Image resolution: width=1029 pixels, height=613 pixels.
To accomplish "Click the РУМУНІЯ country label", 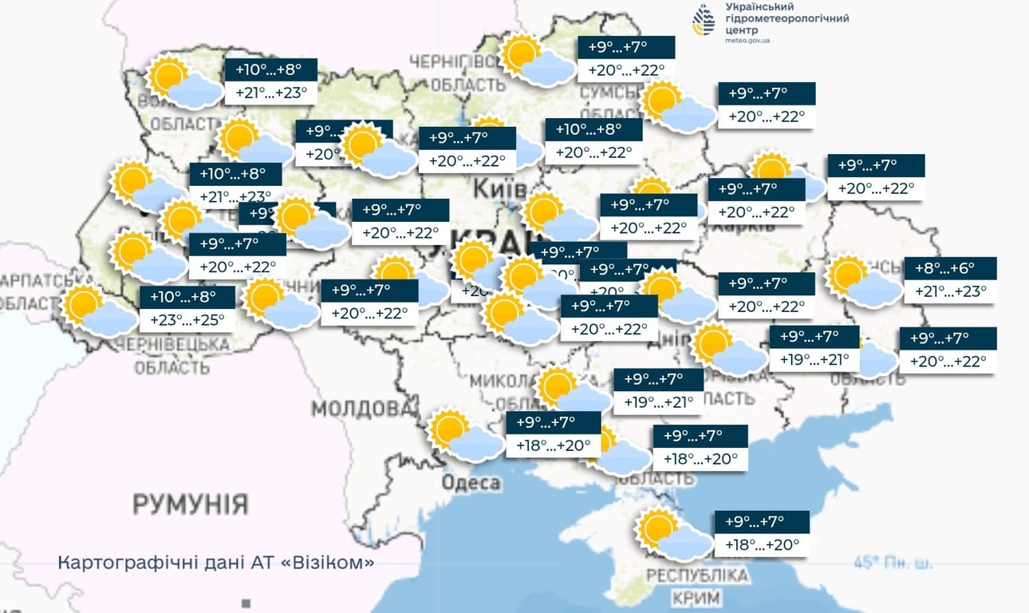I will click(190, 504).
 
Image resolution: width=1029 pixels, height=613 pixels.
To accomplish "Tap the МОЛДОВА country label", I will click(359, 409).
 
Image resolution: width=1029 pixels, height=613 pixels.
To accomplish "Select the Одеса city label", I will click(471, 483).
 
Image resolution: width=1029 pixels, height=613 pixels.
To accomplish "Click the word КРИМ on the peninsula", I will click(696, 597).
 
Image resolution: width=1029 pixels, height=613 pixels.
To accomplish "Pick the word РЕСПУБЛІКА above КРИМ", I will click(697, 575).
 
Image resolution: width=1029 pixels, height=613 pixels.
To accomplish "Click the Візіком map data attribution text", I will click(216, 563).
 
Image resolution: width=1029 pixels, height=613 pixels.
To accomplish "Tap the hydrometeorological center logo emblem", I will click(704, 20).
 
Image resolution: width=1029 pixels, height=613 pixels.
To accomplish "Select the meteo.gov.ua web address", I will click(747, 40).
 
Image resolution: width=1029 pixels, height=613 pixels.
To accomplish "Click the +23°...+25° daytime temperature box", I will click(187, 320).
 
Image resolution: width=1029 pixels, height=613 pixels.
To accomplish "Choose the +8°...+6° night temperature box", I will click(950, 268).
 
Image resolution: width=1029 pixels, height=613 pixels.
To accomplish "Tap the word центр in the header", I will click(743, 30).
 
